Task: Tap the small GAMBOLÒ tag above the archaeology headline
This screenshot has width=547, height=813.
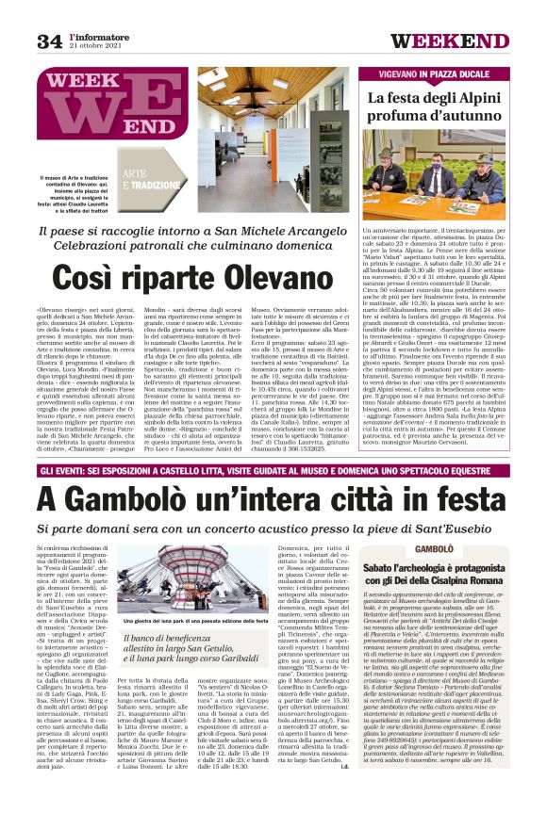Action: pyautogui.click(x=434, y=547)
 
